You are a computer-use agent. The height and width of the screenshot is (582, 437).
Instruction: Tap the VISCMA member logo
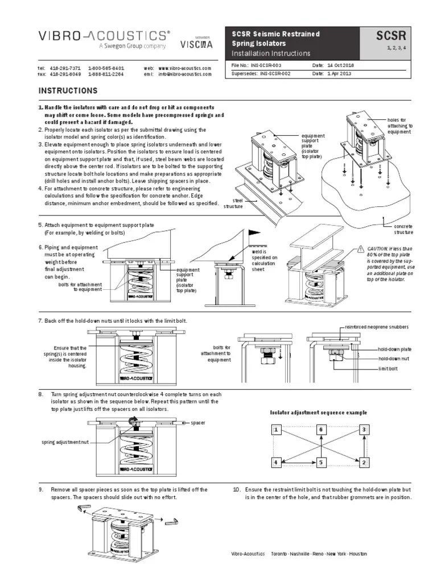point(197,43)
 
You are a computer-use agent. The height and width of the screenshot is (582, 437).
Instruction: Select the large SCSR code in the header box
point(390,38)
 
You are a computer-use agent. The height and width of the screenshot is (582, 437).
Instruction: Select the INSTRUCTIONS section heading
point(68,91)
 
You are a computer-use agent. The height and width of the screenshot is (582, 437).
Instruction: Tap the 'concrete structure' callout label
point(403,229)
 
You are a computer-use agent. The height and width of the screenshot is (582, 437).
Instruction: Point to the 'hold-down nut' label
point(395,359)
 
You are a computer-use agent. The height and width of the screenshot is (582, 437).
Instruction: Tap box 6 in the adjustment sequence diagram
point(321,430)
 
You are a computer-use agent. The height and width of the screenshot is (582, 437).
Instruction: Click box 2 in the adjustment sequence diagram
point(363,463)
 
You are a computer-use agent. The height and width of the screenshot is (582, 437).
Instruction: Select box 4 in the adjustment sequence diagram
point(276,463)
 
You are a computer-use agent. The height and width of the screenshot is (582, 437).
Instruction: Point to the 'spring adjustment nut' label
point(65,442)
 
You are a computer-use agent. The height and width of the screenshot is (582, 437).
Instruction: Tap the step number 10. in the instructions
point(237,489)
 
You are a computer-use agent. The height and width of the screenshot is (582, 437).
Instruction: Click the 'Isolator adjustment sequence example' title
point(318,412)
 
